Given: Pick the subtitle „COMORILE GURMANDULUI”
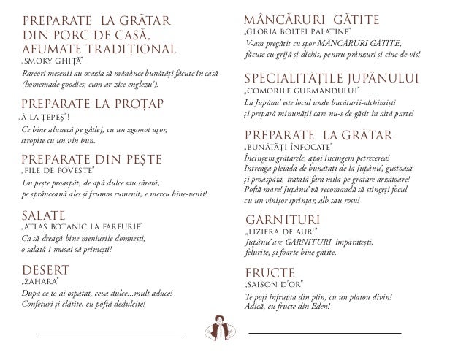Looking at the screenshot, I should tap(299, 91).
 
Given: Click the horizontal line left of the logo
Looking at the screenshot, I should tap(110, 334).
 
